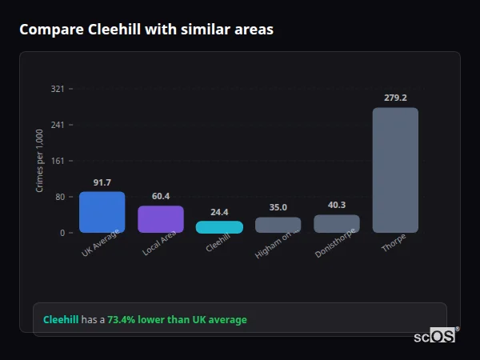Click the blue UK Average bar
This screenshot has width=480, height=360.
[102, 212]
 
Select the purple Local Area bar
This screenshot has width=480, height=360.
[161, 219]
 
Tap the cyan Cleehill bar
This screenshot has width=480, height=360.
[219, 227]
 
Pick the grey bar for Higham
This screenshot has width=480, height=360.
[278, 225]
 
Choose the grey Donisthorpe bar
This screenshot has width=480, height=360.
[337, 223]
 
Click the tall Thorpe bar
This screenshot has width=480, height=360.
[395, 170]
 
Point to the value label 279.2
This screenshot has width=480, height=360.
[395, 98]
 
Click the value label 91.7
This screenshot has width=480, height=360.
[102, 182]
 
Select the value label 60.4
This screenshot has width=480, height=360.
[161, 196]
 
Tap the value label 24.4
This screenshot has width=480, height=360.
[219, 212]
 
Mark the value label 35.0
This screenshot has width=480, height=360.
[278, 207]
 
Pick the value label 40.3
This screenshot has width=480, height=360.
[337, 205]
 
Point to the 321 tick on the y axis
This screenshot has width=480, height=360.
[58, 89]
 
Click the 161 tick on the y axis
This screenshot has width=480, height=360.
[58, 161]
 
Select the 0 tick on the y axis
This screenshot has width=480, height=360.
[62, 233]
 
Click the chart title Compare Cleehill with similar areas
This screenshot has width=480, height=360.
[146, 30]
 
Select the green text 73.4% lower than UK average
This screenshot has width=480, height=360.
[177, 319]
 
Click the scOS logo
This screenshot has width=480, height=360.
[435, 336]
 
